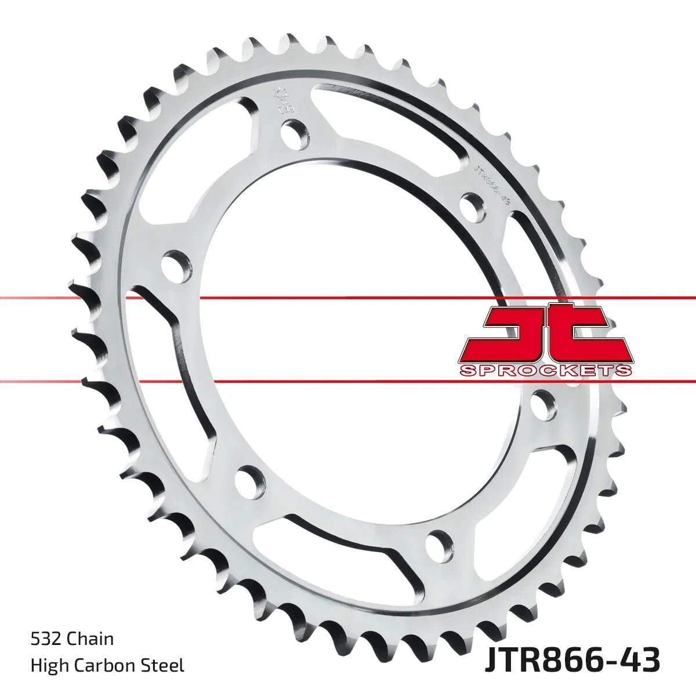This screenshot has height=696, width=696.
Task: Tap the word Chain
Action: click(x=90, y=640)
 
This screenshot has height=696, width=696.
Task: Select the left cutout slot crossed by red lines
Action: click(x=168, y=348)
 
